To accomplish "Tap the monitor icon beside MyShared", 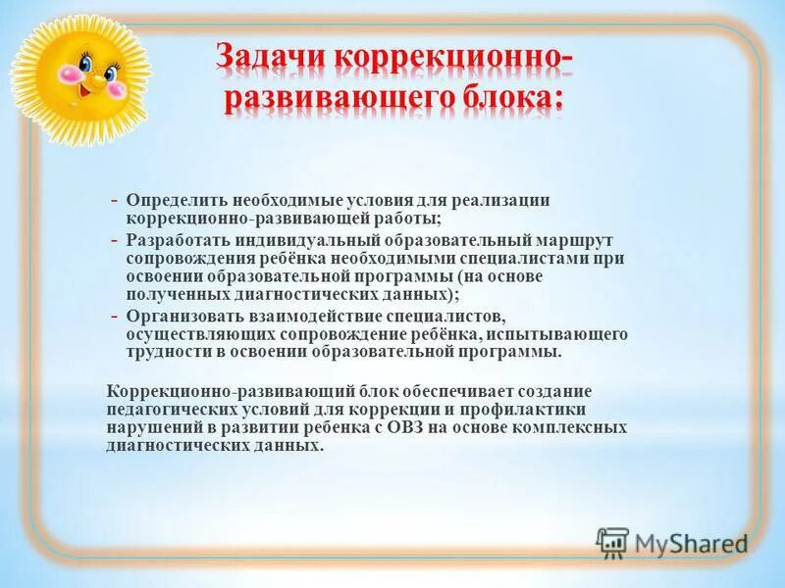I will (612, 542).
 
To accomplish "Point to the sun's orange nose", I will (87, 76).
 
